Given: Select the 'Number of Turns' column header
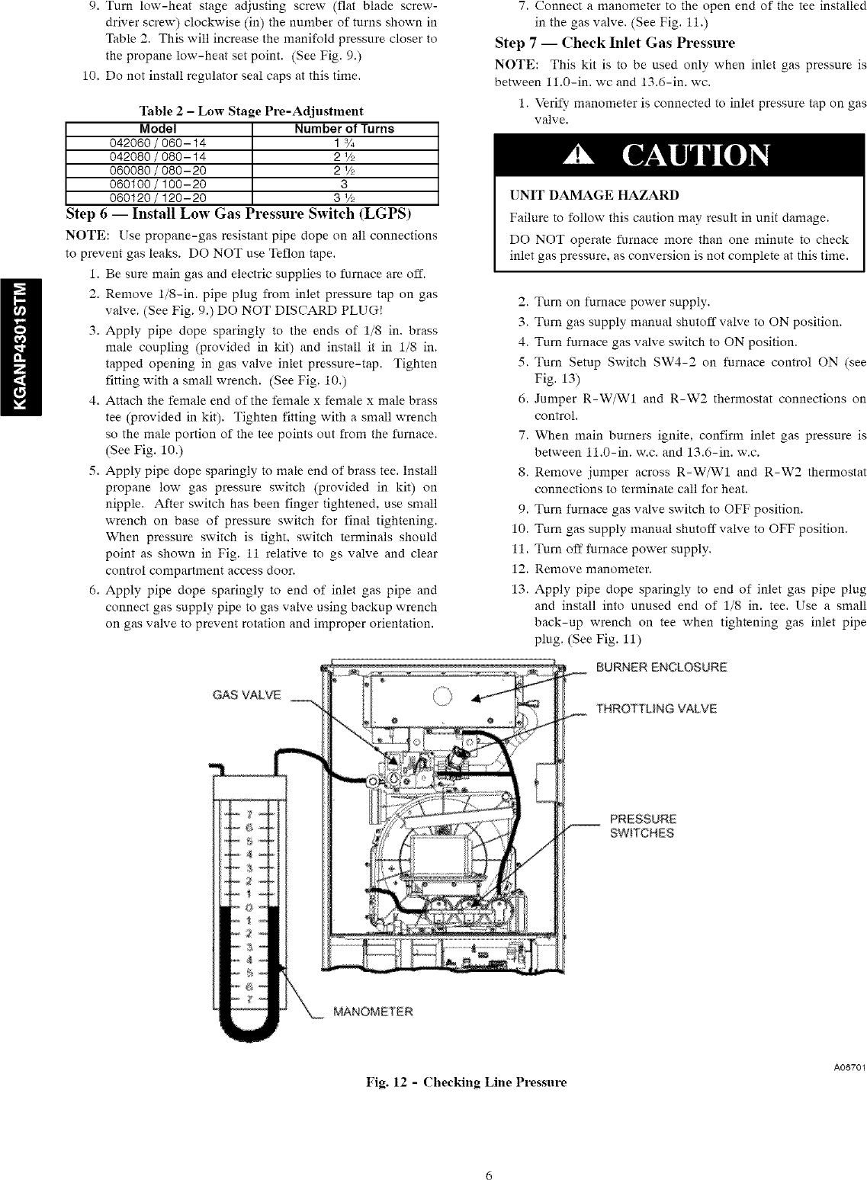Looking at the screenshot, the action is pos(345,129).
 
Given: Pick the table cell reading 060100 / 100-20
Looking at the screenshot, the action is pos(159,184).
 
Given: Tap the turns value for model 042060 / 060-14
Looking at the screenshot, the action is pos(345,143).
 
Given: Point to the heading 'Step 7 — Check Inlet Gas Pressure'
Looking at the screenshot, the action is pos(615,43).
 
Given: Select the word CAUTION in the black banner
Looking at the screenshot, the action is pos(695,157).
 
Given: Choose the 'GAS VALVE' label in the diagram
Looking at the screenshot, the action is pos(246,695).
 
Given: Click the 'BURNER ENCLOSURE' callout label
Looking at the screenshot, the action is pos(661,668).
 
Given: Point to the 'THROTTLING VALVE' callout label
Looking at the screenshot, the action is pos(657,709).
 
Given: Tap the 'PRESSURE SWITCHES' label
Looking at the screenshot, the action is pos(642,826).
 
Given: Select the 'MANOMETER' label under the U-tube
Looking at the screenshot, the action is pos(373,1012).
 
